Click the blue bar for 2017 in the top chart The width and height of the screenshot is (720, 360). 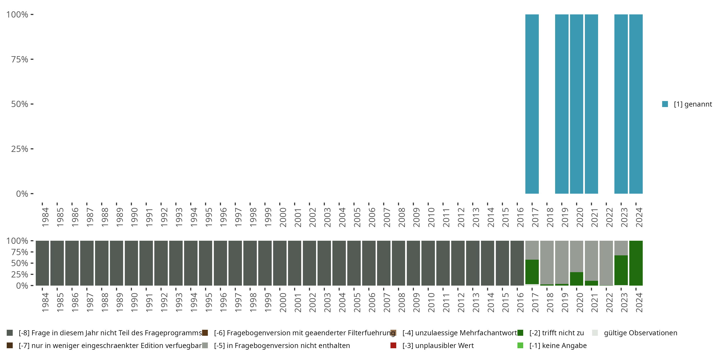click(x=532, y=104)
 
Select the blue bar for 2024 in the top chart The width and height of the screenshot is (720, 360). click(x=636, y=104)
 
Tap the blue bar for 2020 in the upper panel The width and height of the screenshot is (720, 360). click(x=576, y=104)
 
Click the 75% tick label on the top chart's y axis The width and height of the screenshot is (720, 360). click(x=20, y=59)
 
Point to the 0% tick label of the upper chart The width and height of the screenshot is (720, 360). click(x=22, y=194)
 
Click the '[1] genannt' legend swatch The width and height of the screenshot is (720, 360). click(x=665, y=104)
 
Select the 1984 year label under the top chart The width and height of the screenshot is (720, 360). click(x=45, y=217)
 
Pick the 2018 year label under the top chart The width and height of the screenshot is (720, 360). click(x=550, y=217)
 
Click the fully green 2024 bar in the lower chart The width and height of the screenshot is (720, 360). click(x=636, y=263)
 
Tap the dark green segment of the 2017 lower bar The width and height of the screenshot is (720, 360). click(x=532, y=272)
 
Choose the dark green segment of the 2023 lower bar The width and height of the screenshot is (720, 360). click(x=621, y=270)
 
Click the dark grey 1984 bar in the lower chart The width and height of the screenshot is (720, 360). click(x=42, y=263)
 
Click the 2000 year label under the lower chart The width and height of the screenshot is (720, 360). click(x=283, y=303)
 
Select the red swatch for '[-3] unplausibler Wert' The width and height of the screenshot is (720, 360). click(x=393, y=345)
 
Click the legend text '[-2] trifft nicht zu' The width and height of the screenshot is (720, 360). click(x=557, y=333)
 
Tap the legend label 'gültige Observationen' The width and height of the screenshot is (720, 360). click(x=640, y=333)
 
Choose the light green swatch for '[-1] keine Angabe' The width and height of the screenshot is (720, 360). click(x=520, y=345)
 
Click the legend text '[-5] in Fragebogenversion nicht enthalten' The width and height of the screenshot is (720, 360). click(x=282, y=345)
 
